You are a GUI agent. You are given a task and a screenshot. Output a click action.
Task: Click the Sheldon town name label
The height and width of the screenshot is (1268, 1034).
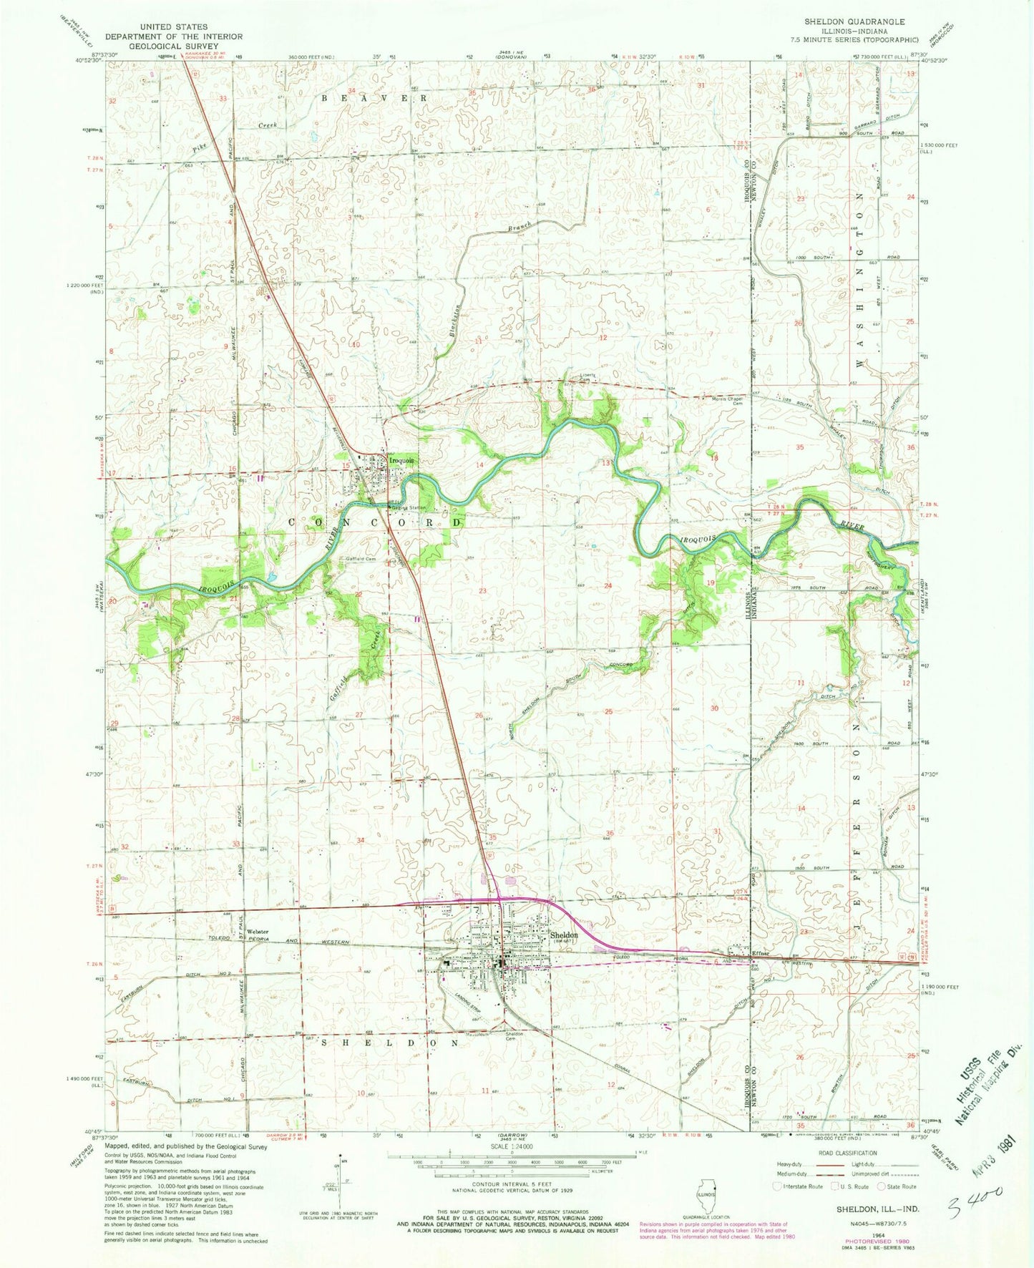pos(563,935)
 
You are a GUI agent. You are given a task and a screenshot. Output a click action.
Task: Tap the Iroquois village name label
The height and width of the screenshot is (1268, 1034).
pos(401,461)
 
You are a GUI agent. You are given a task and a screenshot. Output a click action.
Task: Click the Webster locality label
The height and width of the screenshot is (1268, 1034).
pos(257,931)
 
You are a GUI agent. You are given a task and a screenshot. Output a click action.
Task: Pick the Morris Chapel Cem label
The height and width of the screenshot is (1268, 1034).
pos(725,399)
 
